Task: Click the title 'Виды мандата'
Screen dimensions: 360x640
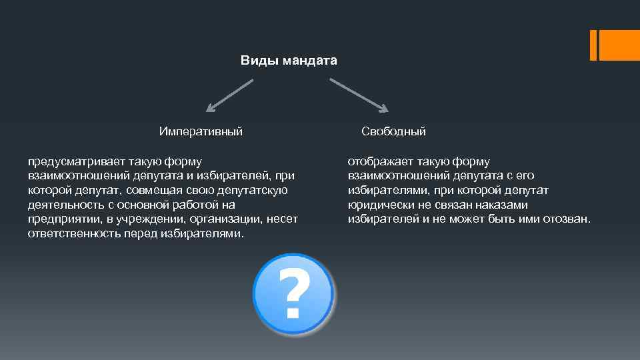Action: (x=289, y=61)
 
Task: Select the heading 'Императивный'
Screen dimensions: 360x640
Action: (x=200, y=131)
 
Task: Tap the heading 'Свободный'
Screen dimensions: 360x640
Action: (x=393, y=131)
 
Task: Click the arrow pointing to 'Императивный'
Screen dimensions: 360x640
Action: (x=229, y=95)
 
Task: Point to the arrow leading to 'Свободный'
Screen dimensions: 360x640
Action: (x=359, y=95)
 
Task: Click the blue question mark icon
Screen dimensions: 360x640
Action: (x=293, y=294)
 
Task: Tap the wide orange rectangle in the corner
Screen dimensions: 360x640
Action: (x=619, y=45)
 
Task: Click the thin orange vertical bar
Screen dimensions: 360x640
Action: (x=593, y=45)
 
